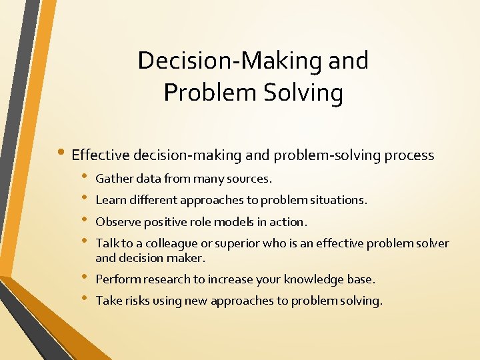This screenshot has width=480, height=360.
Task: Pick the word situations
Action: tap(338, 200)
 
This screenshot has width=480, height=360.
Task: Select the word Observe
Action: tap(116, 221)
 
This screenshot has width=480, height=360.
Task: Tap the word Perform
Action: tap(116, 279)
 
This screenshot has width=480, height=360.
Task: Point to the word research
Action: tap(165, 279)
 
